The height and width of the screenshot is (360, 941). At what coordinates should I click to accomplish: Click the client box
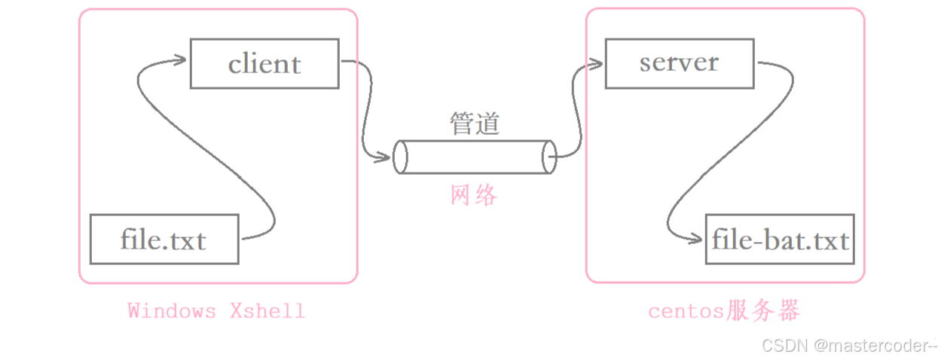click(x=264, y=63)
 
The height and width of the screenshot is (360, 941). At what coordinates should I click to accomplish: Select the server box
click(x=679, y=63)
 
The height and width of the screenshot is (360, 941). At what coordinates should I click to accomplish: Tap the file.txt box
click(x=163, y=239)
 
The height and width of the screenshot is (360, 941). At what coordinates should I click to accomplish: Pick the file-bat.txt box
click(x=780, y=239)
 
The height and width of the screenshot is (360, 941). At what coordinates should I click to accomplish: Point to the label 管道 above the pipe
click(x=475, y=124)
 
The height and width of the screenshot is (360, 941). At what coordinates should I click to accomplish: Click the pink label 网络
click(x=474, y=196)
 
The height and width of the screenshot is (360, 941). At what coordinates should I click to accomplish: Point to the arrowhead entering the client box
click(x=179, y=59)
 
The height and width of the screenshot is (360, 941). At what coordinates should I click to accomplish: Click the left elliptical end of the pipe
click(x=400, y=157)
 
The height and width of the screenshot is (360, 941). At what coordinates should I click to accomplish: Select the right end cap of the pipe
click(x=548, y=157)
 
